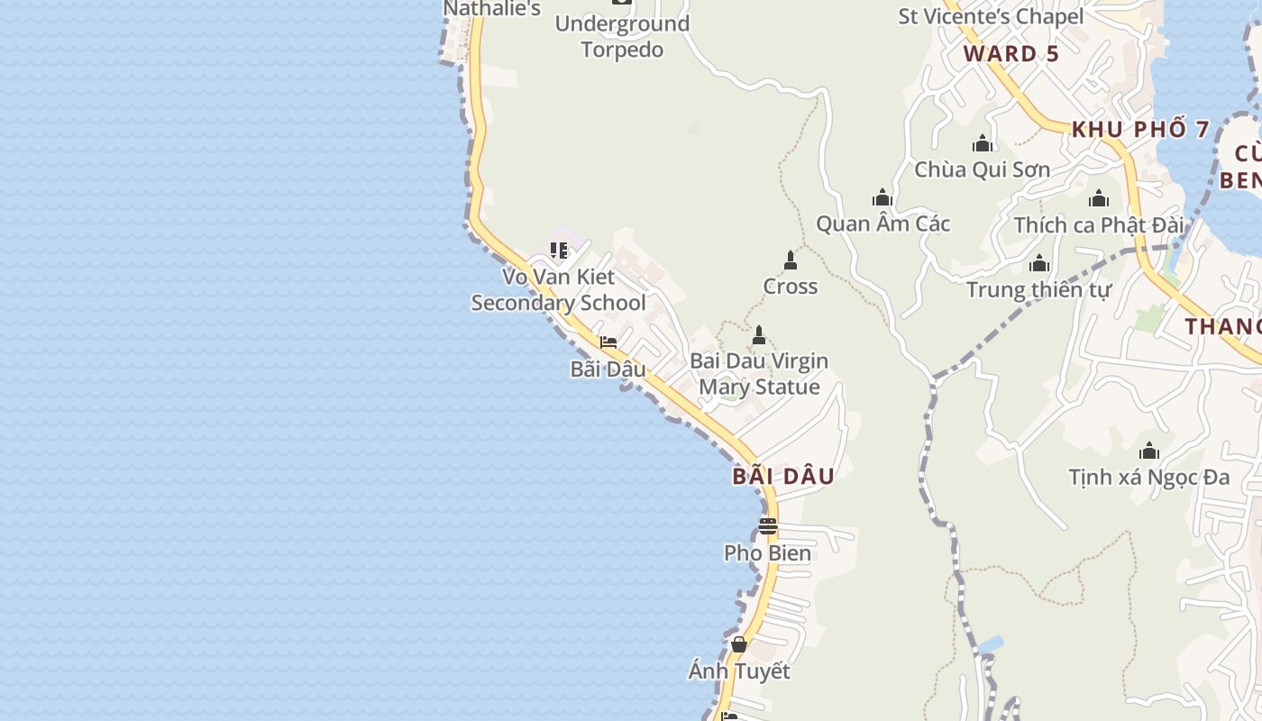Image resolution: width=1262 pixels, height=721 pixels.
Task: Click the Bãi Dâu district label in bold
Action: pos(783,477)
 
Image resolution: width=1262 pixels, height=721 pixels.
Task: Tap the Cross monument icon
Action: pos(791,260)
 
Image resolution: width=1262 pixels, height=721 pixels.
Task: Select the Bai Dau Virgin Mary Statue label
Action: pos(759,374)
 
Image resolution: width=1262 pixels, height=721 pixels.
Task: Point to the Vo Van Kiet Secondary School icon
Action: pos(559,250)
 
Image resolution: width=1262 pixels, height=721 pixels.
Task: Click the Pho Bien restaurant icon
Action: pos(767,525)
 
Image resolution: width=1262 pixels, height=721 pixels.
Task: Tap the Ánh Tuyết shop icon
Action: pos(739,644)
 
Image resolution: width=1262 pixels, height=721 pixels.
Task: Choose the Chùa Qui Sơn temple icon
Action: pos(983,143)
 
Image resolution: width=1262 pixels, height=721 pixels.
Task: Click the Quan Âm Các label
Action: pos(882,224)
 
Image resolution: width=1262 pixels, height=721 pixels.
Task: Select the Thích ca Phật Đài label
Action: pos(1098,225)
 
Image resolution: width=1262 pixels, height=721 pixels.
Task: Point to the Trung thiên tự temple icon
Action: pos(1039,264)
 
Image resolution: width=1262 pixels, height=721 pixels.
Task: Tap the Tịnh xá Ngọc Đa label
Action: pos(1148,477)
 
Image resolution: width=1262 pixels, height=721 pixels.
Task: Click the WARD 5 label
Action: pos(1011,54)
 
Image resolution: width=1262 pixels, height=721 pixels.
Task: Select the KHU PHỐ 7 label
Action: pos(1140,130)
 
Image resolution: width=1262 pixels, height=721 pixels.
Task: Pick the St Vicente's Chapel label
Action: pos(991,16)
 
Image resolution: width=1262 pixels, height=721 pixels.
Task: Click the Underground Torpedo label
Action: pos(622,36)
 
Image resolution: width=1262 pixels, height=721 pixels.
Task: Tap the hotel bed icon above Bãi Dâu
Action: pos(608,342)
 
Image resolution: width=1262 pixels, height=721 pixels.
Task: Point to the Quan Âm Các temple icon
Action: pos(882,197)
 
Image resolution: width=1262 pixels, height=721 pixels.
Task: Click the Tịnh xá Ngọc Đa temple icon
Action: pos(1149,451)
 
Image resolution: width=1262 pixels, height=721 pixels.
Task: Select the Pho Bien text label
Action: pos(767,552)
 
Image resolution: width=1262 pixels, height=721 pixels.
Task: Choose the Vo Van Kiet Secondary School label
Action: pos(559,290)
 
